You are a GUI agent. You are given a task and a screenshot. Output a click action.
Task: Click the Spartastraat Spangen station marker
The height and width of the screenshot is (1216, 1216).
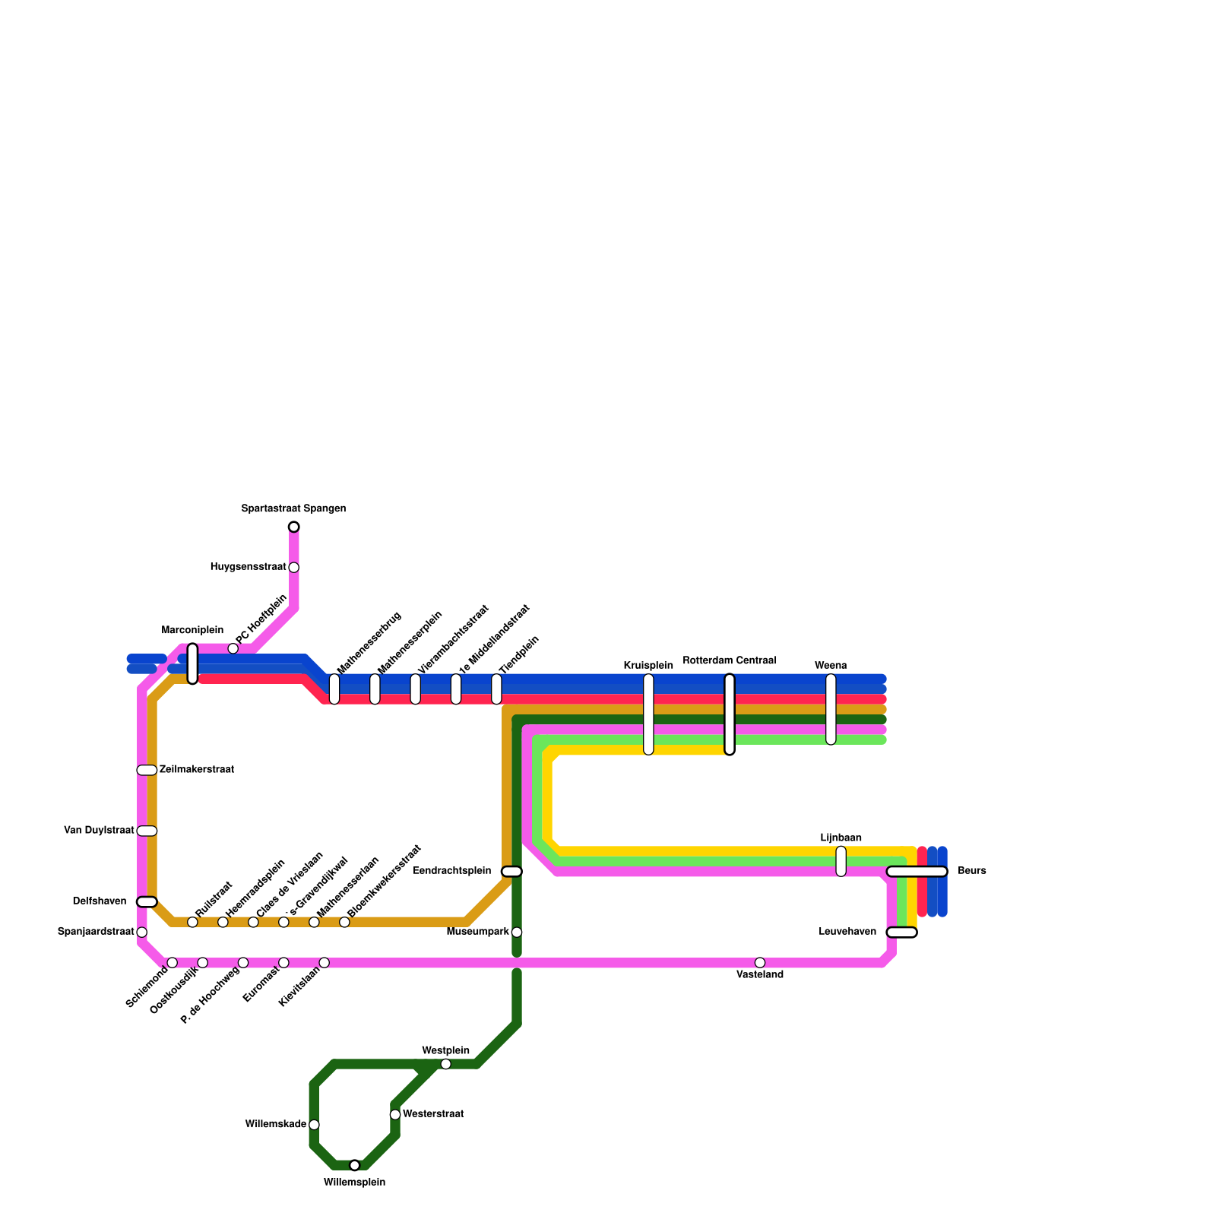tap(293, 527)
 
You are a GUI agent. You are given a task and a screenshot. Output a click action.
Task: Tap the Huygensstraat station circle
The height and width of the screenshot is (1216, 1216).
tap(293, 567)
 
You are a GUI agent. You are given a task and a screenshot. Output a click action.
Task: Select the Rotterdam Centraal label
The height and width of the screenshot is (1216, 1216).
tap(729, 660)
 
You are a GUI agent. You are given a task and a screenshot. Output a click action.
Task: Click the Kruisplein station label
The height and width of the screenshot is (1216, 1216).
tap(648, 666)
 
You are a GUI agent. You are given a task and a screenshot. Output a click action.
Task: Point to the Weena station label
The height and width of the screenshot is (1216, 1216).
tap(831, 666)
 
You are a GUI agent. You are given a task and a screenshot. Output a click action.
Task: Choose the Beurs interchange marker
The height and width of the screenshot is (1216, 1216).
tap(917, 871)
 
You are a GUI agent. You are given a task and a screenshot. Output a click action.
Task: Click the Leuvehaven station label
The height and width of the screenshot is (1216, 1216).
tap(847, 932)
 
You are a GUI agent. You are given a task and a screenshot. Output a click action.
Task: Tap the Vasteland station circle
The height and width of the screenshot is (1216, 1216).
tap(759, 962)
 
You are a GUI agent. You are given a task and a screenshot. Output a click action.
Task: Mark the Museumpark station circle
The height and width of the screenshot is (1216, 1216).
tap(517, 932)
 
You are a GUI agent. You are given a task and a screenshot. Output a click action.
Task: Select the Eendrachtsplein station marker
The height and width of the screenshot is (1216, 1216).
tap(511, 871)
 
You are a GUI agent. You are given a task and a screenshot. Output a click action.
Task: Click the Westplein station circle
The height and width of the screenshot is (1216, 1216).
tap(445, 1063)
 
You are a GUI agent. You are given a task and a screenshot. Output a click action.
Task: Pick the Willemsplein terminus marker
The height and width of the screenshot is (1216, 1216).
tap(354, 1165)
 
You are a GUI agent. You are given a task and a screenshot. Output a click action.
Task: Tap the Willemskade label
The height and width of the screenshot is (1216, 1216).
tap(275, 1124)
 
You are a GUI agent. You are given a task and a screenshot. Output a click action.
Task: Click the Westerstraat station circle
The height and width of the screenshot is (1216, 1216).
tap(395, 1114)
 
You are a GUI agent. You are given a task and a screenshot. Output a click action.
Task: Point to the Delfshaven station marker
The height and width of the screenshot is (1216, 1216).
tap(147, 901)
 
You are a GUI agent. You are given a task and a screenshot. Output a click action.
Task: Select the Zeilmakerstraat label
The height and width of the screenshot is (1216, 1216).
tap(196, 770)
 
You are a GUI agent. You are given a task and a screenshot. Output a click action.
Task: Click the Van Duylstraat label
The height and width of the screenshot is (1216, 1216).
tap(99, 831)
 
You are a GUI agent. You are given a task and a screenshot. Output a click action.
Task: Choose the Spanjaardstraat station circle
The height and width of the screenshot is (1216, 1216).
tap(141, 932)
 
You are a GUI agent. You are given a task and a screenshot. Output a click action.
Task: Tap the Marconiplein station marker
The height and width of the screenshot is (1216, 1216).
tap(192, 663)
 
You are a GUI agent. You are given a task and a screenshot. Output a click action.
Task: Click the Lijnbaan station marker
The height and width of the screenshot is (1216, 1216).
tap(841, 860)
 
